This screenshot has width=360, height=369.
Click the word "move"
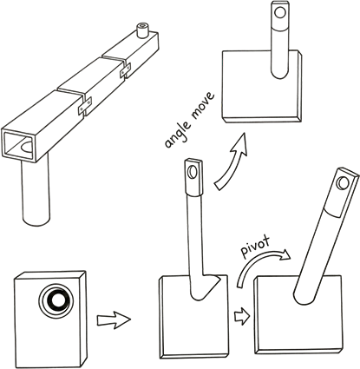[203, 106]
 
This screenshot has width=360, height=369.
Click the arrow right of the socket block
[114, 320]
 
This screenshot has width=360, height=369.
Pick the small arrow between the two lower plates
[242, 316]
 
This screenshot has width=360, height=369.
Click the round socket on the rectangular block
[56, 299]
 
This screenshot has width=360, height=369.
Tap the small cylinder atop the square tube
[142, 30]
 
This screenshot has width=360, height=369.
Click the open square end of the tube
[20, 145]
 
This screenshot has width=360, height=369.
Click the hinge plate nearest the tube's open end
[85, 106]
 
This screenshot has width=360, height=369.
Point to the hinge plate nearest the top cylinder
[125, 70]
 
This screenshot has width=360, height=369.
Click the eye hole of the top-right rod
[279, 13]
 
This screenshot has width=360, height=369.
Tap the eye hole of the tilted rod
[343, 183]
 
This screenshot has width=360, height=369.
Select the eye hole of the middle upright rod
[191, 172]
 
